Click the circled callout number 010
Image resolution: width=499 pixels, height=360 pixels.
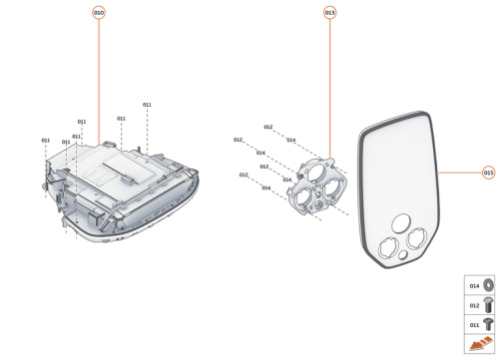pos(98,13)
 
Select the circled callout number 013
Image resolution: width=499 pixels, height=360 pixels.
pos(329,13)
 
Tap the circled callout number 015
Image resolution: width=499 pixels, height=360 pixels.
pos(488,172)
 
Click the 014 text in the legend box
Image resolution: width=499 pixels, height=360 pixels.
pos(474,286)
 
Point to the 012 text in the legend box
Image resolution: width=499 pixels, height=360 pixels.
pos(474,304)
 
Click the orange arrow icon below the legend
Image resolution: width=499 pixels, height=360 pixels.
pos(480,344)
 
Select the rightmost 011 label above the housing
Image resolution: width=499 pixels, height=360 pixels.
pos(147,105)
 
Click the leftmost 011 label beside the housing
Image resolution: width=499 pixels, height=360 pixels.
pos(46,141)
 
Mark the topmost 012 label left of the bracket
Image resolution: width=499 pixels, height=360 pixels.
pos(268,128)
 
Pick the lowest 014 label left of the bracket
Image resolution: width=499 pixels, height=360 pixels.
pos(266,187)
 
